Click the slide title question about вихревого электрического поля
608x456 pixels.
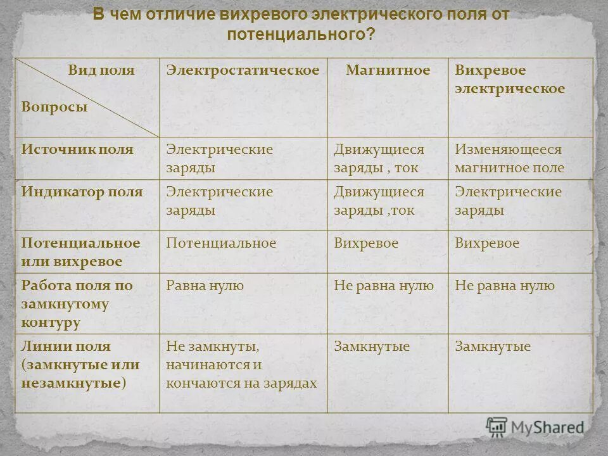click(301, 24)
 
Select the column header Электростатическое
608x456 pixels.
click(243, 70)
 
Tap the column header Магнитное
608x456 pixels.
click(388, 70)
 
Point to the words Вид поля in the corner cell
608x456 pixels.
click(101, 70)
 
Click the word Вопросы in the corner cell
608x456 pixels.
click(54, 107)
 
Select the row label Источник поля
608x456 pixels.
click(77, 149)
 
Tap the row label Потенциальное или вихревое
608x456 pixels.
click(80, 252)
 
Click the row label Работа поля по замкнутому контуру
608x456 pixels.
click(77, 303)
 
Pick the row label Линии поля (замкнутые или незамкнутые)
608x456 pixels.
click(80, 365)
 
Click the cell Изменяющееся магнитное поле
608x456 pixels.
click(509, 159)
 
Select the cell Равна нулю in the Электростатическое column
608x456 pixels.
click(205, 286)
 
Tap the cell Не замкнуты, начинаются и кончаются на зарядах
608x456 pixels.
click(241, 365)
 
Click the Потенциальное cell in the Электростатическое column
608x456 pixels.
click(221, 243)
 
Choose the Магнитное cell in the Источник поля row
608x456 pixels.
click(379, 159)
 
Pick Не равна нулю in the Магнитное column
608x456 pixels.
click(384, 286)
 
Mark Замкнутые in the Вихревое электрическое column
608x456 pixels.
click(493, 346)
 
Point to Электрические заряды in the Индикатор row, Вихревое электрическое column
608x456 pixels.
click(508, 201)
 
